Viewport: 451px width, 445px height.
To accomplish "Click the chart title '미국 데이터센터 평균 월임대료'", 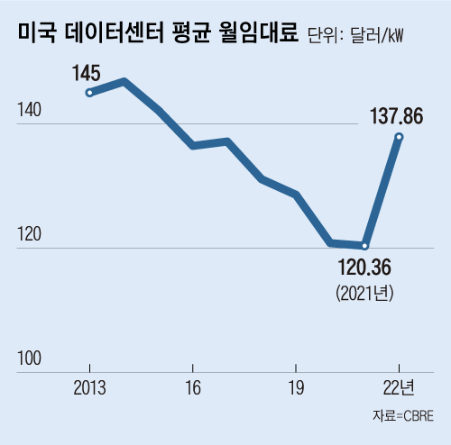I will pos(155,34).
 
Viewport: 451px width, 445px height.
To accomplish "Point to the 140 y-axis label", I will pos(29,112).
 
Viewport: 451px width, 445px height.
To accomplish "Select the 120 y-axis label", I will pos(29,236).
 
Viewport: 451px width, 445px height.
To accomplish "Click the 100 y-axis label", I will pos(29,359).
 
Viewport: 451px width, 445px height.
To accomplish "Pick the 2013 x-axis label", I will pos(88,388).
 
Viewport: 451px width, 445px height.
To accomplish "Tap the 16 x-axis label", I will pos(192,388).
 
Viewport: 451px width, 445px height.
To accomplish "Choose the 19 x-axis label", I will pos(296,388).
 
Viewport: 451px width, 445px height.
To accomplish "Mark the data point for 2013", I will pos(89,92).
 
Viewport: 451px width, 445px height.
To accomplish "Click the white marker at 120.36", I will pos(365,245).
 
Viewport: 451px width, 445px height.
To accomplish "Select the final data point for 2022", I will pos(399,137).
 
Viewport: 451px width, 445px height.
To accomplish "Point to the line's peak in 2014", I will pos(124,82).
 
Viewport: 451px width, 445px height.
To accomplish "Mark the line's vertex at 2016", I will pos(192,145).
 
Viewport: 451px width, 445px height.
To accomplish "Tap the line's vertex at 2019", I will pos(296,194).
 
